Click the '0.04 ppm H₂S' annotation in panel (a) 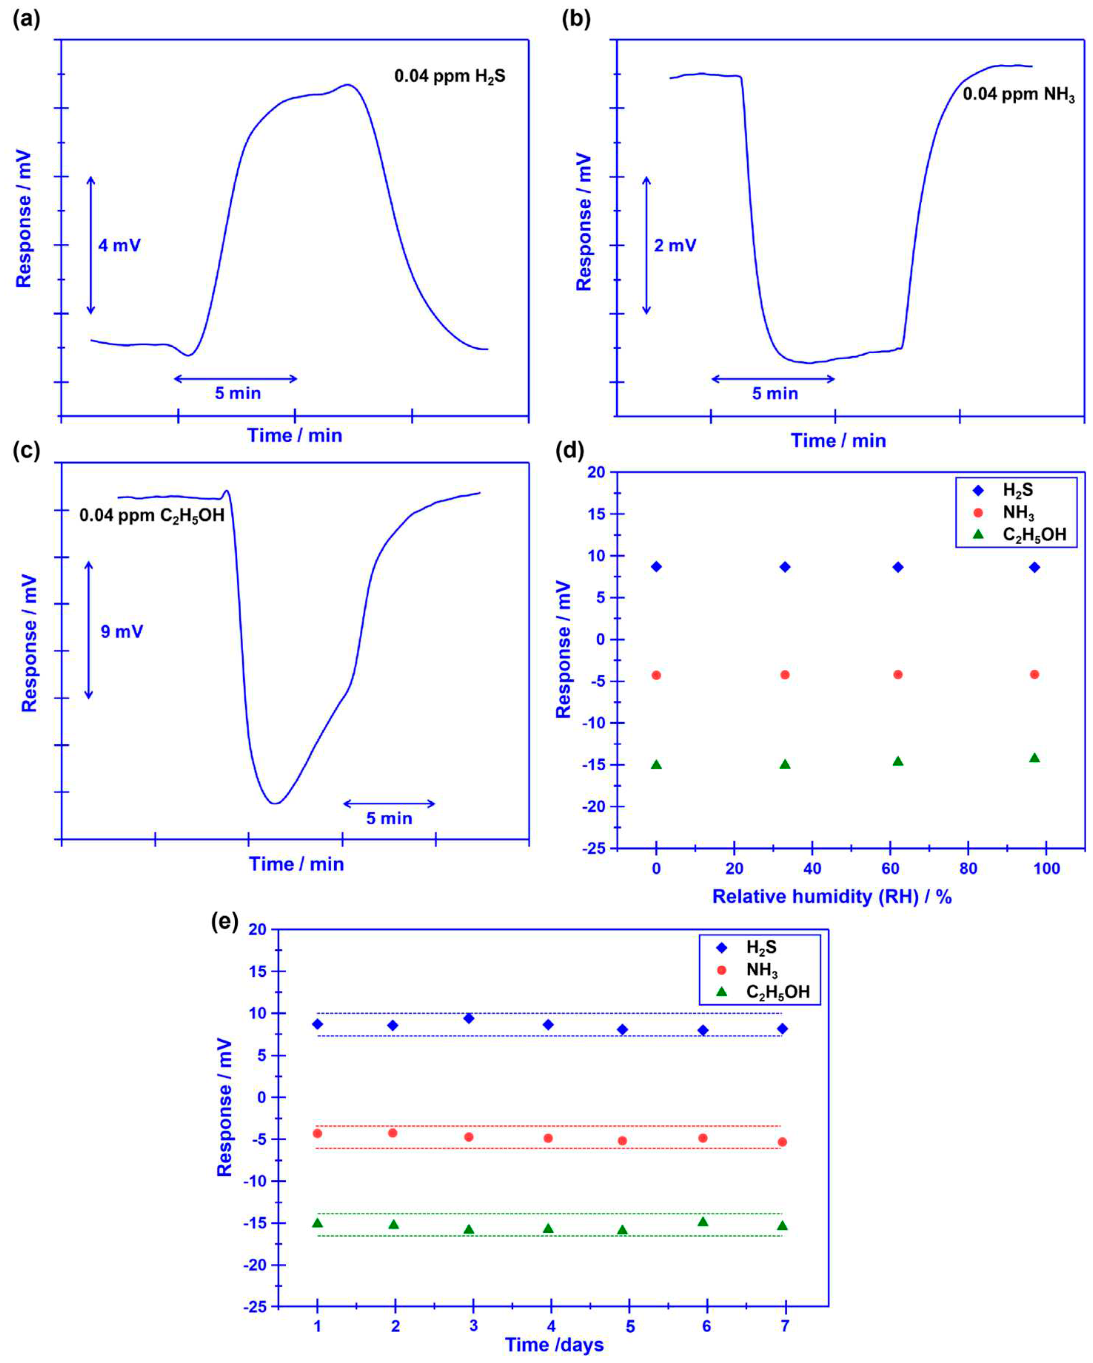[x=450, y=77]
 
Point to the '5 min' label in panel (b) [x=774, y=394]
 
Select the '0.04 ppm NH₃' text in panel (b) [x=1018, y=95]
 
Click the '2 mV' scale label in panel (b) [x=675, y=245]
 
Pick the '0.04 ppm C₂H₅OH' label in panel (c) [x=152, y=516]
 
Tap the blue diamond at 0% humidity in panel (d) [x=657, y=566]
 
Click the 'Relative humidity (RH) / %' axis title [x=832, y=896]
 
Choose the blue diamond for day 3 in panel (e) [x=469, y=1019]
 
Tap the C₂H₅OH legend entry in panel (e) [x=777, y=992]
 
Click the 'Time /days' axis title [x=554, y=1345]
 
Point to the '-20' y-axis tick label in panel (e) [x=255, y=1265]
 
